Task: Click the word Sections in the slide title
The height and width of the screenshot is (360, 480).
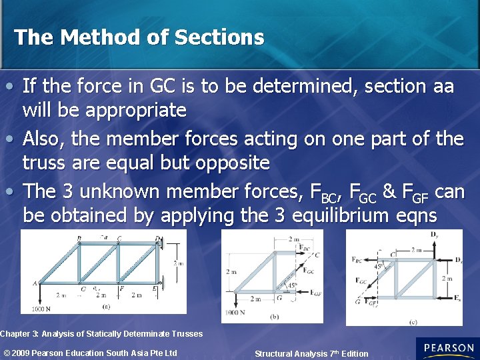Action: [x=219, y=37]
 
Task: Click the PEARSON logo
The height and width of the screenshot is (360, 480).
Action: [x=447, y=348]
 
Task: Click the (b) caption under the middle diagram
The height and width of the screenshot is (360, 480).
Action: [x=275, y=317]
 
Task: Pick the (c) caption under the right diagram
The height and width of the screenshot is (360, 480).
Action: [x=414, y=321]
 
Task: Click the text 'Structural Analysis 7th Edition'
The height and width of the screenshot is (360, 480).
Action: [x=311, y=353]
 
